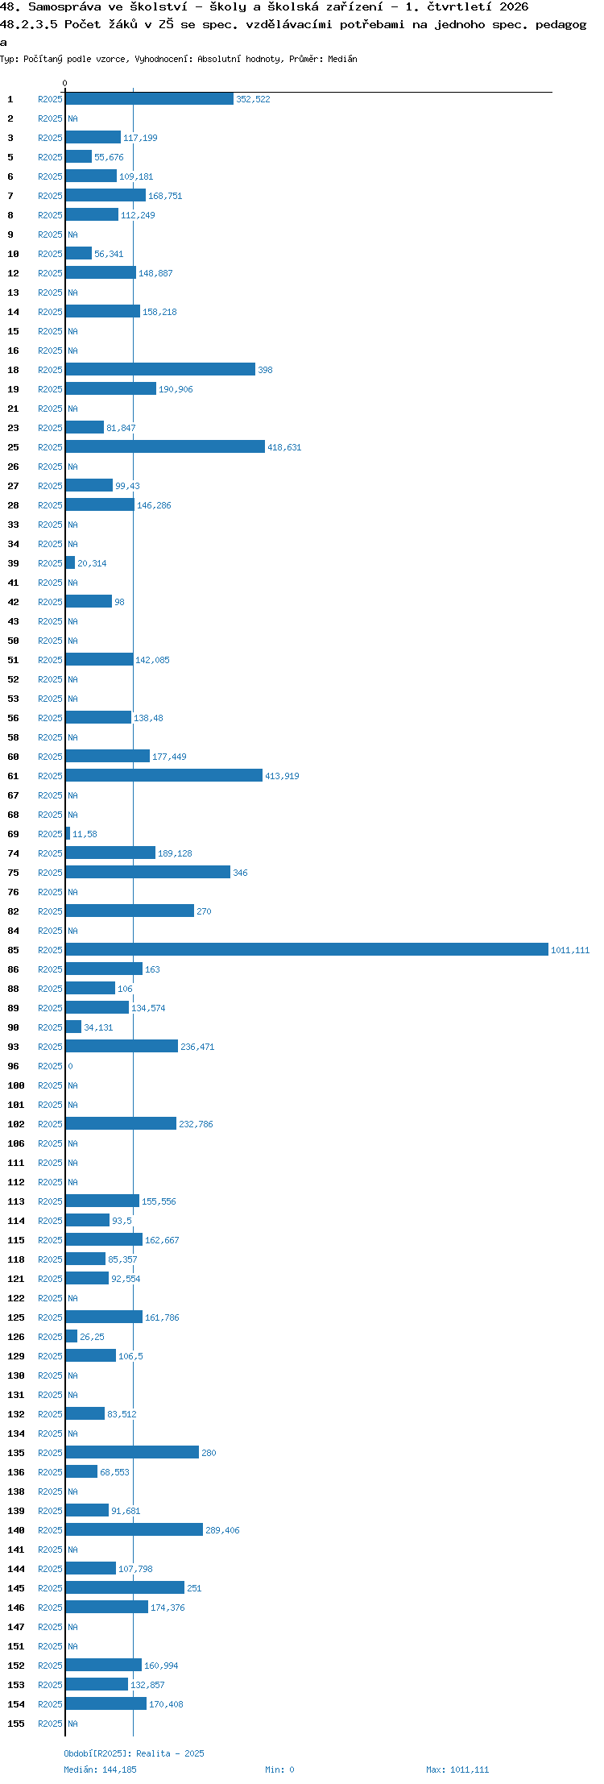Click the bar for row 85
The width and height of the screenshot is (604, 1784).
coord(307,949)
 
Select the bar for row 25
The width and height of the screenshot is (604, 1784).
coord(165,446)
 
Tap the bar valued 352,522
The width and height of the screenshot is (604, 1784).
coord(150,98)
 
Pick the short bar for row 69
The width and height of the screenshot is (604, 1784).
coord(68,833)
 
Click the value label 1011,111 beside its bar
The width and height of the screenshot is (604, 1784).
coord(570,950)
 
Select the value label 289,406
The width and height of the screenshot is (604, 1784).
coord(222,1530)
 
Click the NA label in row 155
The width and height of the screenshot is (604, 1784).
coord(72,1724)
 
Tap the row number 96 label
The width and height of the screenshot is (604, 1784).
coord(13,1066)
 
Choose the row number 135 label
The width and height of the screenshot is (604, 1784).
coord(16,1453)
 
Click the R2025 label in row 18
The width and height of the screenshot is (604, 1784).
coord(50,370)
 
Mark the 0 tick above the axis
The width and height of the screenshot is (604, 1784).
coord(65,83)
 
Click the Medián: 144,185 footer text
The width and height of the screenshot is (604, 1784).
coord(101,1769)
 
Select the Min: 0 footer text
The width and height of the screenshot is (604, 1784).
coord(279,1769)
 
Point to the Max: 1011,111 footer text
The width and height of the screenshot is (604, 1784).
coord(457,1769)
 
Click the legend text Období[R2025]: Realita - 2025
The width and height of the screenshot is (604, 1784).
coord(134,1753)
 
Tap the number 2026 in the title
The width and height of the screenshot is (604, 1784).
coord(514,6)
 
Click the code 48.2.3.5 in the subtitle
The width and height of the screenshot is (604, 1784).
coord(29,24)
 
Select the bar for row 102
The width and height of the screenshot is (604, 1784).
coord(121,1123)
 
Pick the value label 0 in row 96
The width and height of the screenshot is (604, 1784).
coord(70,1066)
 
